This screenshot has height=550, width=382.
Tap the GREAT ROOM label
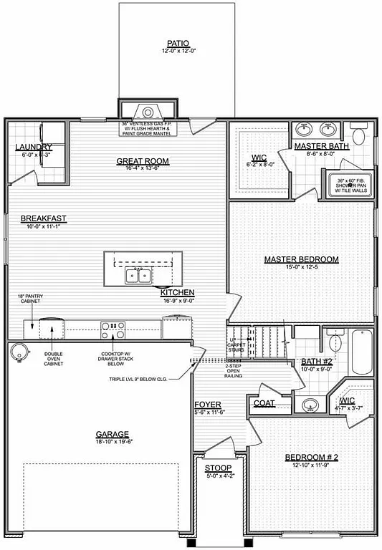point(143,161)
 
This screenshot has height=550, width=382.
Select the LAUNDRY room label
point(34,148)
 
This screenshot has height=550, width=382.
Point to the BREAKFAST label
point(44,218)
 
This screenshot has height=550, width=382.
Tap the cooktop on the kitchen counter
point(113,330)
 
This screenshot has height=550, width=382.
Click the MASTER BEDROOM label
point(301,259)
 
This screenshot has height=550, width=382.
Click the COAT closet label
point(264,403)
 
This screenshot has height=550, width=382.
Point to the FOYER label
point(208,405)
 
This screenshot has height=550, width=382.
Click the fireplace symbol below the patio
point(148,112)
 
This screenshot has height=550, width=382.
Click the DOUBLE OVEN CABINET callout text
point(54,359)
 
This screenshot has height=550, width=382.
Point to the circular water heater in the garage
point(19,351)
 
